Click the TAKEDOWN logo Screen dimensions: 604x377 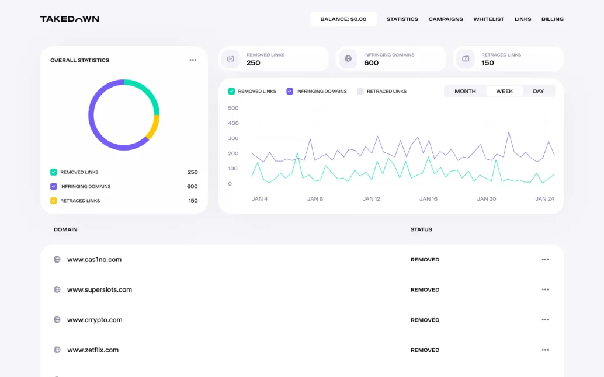pyautogui.click(x=70, y=19)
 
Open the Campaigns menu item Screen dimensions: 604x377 pyautogui.click(x=446, y=19)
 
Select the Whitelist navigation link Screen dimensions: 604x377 pyautogui.click(x=489, y=19)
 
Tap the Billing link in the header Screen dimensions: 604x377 pyautogui.click(x=553, y=19)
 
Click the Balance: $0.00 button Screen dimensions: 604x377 pyautogui.click(x=343, y=19)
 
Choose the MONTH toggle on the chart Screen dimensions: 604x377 pyautogui.click(x=465, y=91)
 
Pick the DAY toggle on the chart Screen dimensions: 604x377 pyautogui.click(x=539, y=91)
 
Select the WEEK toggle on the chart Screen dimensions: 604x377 pyautogui.click(x=504, y=91)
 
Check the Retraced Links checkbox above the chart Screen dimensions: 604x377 pyautogui.click(x=360, y=91)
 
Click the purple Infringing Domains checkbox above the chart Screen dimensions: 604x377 pyautogui.click(x=290, y=91)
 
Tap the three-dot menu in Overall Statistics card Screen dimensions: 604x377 pyautogui.click(x=193, y=60)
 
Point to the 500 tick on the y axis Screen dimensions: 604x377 pyautogui.click(x=233, y=108)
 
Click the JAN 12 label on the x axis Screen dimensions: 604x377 pyautogui.click(x=371, y=199)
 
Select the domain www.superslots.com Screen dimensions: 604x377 pyautogui.click(x=99, y=289)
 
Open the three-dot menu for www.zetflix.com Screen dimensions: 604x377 pyautogui.click(x=545, y=350)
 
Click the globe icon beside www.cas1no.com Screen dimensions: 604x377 pyautogui.click(x=57, y=259)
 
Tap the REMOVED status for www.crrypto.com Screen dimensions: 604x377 pyautogui.click(x=425, y=320)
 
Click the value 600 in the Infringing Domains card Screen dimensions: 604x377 pyautogui.click(x=371, y=63)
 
